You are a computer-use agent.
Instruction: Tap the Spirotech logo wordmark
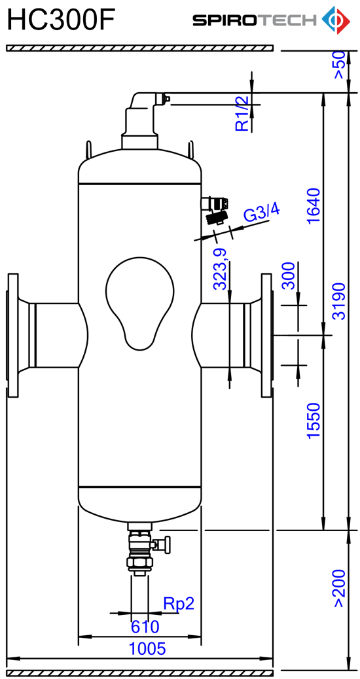click(255, 20)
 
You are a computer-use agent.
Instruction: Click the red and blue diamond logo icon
click(336, 20)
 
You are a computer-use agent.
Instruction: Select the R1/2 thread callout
click(243, 113)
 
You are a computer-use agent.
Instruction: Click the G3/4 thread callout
click(262, 214)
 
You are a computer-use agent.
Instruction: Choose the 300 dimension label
click(287, 275)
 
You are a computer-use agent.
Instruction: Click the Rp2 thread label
click(179, 603)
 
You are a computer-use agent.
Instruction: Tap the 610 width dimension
click(145, 626)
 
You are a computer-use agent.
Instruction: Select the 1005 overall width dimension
click(147, 648)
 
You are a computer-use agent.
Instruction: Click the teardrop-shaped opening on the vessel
click(140, 303)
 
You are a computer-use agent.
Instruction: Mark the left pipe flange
click(13, 335)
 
